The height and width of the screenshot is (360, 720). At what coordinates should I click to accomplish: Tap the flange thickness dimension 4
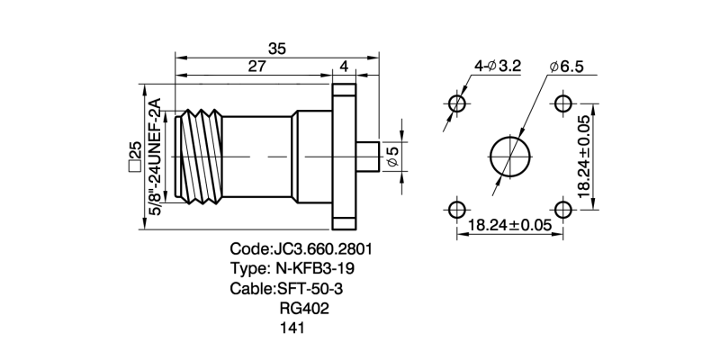pyautogui.click(x=344, y=67)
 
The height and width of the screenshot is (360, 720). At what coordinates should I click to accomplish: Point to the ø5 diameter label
pyautogui.click(x=391, y=157)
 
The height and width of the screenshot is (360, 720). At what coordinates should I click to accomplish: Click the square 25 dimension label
pyautogui.click(x=134, y=157)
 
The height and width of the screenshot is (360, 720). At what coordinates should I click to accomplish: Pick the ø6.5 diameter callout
pyautogui.click(x=567, y=67)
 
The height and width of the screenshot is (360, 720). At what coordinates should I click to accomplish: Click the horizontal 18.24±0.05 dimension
pyautogui.click(x=509, y=226)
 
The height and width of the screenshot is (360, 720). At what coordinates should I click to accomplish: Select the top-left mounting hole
pyautogui.click(x=457, y=103)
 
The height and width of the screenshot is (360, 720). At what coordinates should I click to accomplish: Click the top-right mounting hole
pyautogui.click(x=563, y=103)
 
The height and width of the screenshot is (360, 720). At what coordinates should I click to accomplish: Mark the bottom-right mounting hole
pyautogui.click(x=563, y=210)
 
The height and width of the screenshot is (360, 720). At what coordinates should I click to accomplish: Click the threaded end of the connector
pyautogui.click(x=201, y=157)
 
